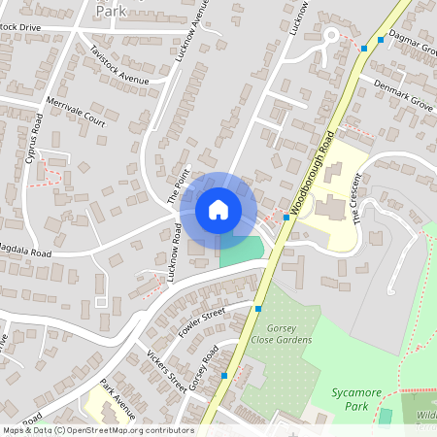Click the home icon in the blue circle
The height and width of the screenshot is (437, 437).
[218, 210]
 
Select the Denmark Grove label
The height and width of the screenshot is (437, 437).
[403, 92]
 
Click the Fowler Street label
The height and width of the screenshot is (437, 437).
[202, 321]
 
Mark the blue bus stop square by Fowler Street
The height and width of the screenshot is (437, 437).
[258, 309]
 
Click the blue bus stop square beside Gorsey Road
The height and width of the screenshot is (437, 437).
[224, 375]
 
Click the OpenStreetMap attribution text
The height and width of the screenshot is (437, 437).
[97, 430]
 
